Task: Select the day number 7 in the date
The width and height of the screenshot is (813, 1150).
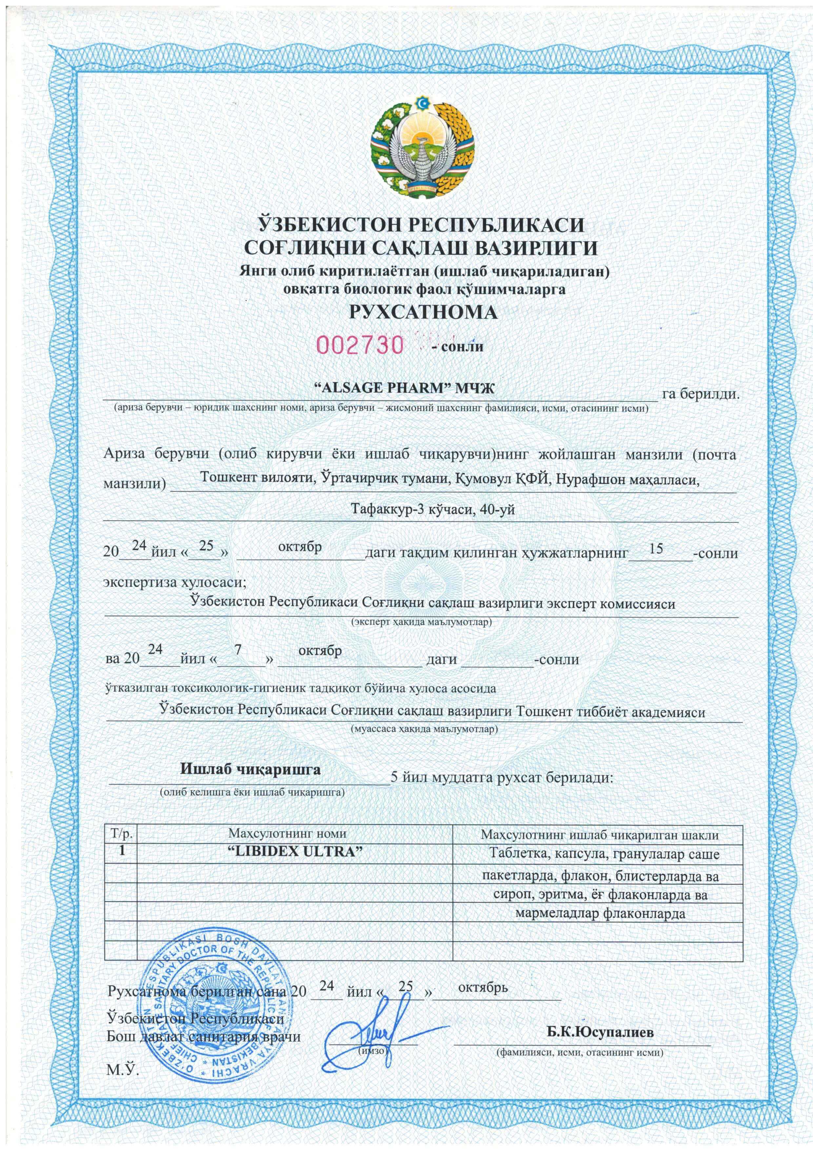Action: pos(238,650)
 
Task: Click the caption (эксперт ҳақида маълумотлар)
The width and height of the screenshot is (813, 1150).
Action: pos(421,623)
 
